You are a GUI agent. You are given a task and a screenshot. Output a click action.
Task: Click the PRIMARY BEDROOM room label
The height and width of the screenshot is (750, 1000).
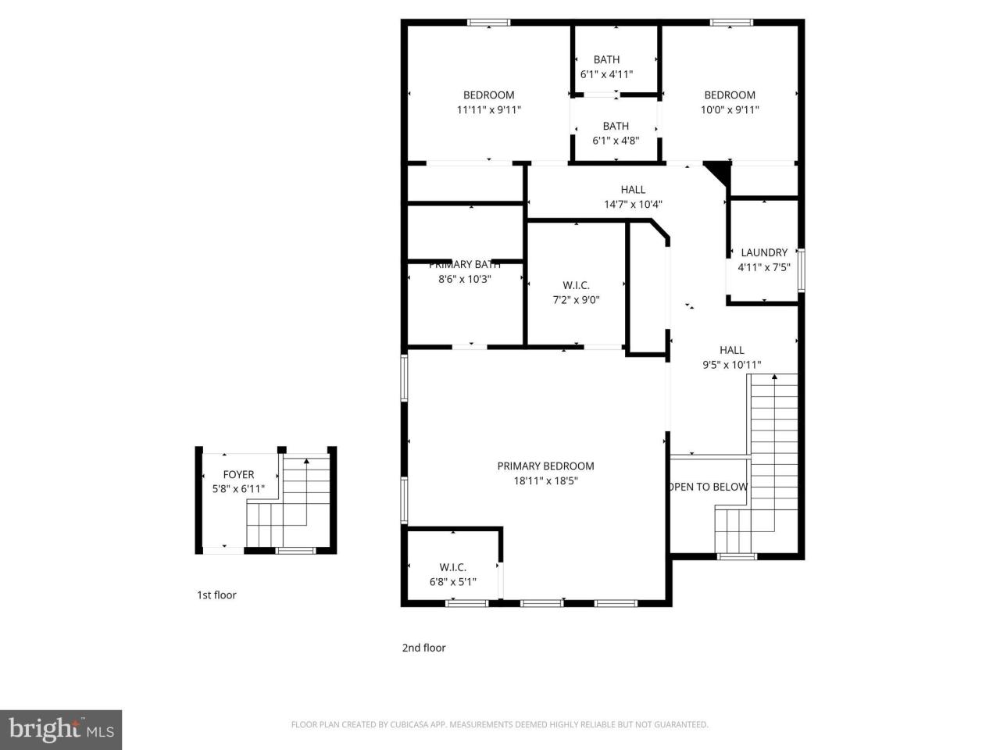(545, 466)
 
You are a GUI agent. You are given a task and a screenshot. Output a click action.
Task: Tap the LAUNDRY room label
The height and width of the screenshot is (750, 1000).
(764, 252)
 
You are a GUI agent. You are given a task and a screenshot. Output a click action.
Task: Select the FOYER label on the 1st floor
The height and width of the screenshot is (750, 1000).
(238, 474)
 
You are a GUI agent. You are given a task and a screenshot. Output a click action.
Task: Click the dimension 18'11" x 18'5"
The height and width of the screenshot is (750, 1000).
(545, 481)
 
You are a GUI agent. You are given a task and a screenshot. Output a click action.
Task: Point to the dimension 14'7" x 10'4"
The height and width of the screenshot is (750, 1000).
(633, 204)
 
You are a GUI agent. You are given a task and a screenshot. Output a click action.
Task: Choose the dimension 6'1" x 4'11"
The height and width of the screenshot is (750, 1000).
(606, 74)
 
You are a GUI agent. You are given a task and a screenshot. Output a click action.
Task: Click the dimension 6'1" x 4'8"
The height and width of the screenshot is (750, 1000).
(616, 141)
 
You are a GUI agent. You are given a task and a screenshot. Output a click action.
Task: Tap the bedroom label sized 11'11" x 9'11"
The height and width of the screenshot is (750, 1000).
(488, 95)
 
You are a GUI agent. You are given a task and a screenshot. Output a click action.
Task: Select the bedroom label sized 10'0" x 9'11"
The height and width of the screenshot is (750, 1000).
(729, 95)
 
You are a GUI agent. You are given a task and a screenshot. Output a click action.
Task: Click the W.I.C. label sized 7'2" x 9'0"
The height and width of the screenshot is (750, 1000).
(576, 285)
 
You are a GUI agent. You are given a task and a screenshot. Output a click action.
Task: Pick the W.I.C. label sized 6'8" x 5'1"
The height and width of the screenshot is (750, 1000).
(452, 567)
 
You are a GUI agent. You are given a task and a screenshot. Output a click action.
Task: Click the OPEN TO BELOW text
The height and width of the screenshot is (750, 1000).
(708, 487)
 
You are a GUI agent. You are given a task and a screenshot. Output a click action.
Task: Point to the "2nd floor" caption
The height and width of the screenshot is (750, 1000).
(423, 648)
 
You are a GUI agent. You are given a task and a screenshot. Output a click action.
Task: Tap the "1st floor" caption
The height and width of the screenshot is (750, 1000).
(216, 595)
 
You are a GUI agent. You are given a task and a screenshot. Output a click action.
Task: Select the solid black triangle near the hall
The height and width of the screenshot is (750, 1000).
(719, 172)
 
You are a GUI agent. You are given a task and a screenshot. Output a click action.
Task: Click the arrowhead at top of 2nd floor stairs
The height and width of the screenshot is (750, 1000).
(774, 377)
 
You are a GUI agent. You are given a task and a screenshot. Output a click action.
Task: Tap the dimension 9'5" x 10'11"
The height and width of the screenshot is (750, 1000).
(732, 365)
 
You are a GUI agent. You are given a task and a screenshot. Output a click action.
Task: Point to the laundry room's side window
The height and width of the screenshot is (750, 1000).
(801, 270)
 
